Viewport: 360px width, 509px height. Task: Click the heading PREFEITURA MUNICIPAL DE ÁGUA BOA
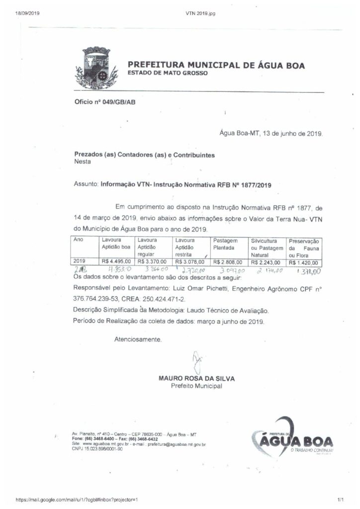(x=216, y=65)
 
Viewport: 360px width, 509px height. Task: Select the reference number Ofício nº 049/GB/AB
(x=104, y=102)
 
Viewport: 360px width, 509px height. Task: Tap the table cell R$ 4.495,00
(x=116, y=261)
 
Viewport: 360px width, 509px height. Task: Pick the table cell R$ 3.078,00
(x=190, y=261)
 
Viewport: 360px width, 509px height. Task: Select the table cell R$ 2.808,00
(x=228, y=262)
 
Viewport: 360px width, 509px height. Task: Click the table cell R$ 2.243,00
(x=266, y=262)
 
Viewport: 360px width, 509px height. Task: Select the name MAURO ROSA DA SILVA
(x=196, y=378)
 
